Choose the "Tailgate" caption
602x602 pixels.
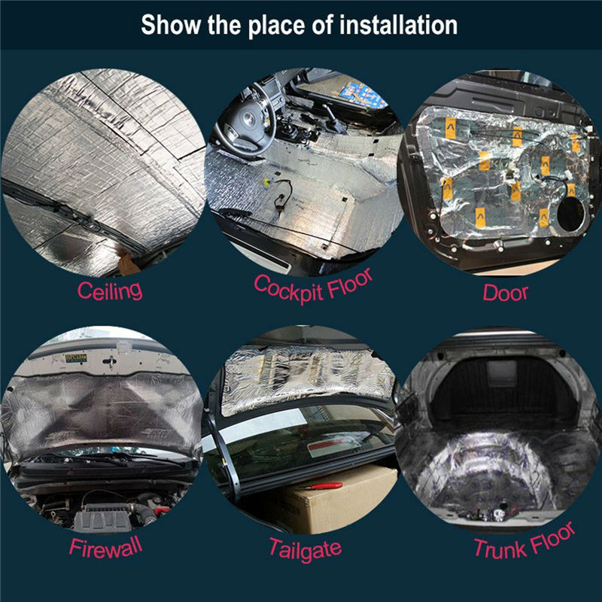point(305,547)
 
